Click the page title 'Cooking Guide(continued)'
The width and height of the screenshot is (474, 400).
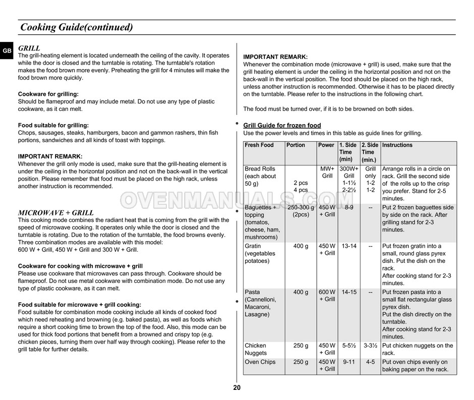tap(76, 27)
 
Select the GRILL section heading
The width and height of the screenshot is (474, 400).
tap(29, 48)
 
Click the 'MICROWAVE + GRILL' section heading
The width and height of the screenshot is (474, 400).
tap(56, 213)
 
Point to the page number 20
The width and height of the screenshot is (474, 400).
tap(237, 388)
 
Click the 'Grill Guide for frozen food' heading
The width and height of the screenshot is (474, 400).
tap(282, 126)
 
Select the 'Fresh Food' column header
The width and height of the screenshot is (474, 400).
tap(259, 145)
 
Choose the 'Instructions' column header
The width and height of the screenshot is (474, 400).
tap(397, 145)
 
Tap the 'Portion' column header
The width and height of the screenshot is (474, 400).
tap(295, 145)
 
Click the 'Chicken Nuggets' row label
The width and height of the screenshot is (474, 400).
tap(256, 349)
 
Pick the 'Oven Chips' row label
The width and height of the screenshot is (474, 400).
tap(260, 362)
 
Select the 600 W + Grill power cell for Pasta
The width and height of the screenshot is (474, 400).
tap(327, 296)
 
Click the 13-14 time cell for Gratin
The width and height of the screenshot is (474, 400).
tap(349, 246)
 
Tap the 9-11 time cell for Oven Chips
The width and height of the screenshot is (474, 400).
tap(349, 362)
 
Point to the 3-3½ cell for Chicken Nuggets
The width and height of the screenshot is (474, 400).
tap(371, 346)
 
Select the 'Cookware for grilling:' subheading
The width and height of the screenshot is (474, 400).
tap(48, 94)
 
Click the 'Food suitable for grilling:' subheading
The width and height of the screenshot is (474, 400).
tap(53, 126)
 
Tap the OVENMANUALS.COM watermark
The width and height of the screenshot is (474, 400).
tap(236, 201)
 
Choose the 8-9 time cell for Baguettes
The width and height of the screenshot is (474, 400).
tap(349, 208)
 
